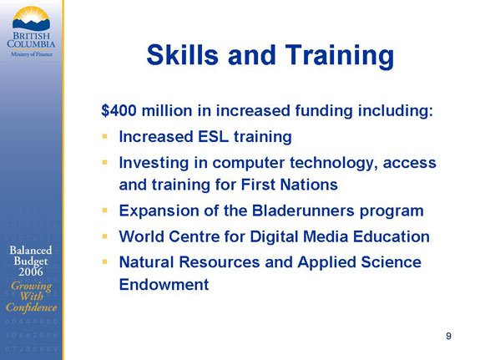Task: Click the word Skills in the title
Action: point(183,55)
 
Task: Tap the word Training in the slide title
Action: point(340,57)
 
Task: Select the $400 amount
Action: point(119,110)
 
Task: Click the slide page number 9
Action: point(448,336)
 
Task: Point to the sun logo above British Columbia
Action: point(31,19)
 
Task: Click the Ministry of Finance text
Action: point(32,54)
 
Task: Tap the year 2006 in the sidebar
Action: point(31,271)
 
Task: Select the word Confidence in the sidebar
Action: point(31,307)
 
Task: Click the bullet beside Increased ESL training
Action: point(105,136)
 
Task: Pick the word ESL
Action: point(214,137)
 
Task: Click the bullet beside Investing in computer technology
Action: point(105,162)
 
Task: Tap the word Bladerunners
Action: point(303,210)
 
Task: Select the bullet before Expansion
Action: point(105,210)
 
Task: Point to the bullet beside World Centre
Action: point(105,236)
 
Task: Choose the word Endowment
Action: point(164,285)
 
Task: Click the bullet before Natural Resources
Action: point(105,262)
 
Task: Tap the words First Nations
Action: point(290,185)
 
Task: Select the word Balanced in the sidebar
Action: point(31,251)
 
